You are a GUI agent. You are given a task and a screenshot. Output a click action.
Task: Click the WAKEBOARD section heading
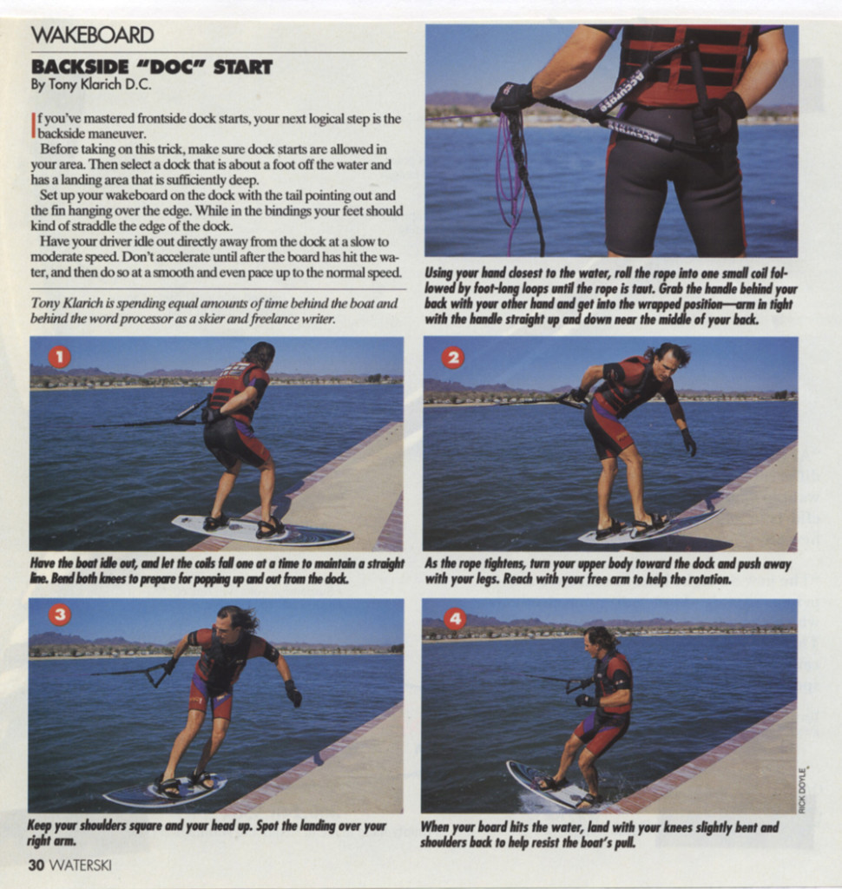[x=92, y=35]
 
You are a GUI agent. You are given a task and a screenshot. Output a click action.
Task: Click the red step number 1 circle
[x=58, y=356]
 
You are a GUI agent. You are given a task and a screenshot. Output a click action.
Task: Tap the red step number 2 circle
[x=452, y=357]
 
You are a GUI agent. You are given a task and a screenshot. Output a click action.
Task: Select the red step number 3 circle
[x=59, y=615]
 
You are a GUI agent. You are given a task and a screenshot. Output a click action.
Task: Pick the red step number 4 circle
[x=455, y=618]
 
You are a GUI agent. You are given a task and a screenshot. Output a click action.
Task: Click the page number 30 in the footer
[x=36, y=865]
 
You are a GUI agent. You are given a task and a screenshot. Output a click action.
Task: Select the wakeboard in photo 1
[x=260, y=530]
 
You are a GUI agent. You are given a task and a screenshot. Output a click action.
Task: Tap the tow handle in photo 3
[x=157, y=673]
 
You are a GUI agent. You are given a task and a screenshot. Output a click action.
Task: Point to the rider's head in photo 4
[x=597, y=641]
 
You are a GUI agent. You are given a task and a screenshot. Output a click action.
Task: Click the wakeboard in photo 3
[x=165, y=791]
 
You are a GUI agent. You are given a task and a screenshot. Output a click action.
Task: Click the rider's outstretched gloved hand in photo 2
[x=689, y=442]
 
